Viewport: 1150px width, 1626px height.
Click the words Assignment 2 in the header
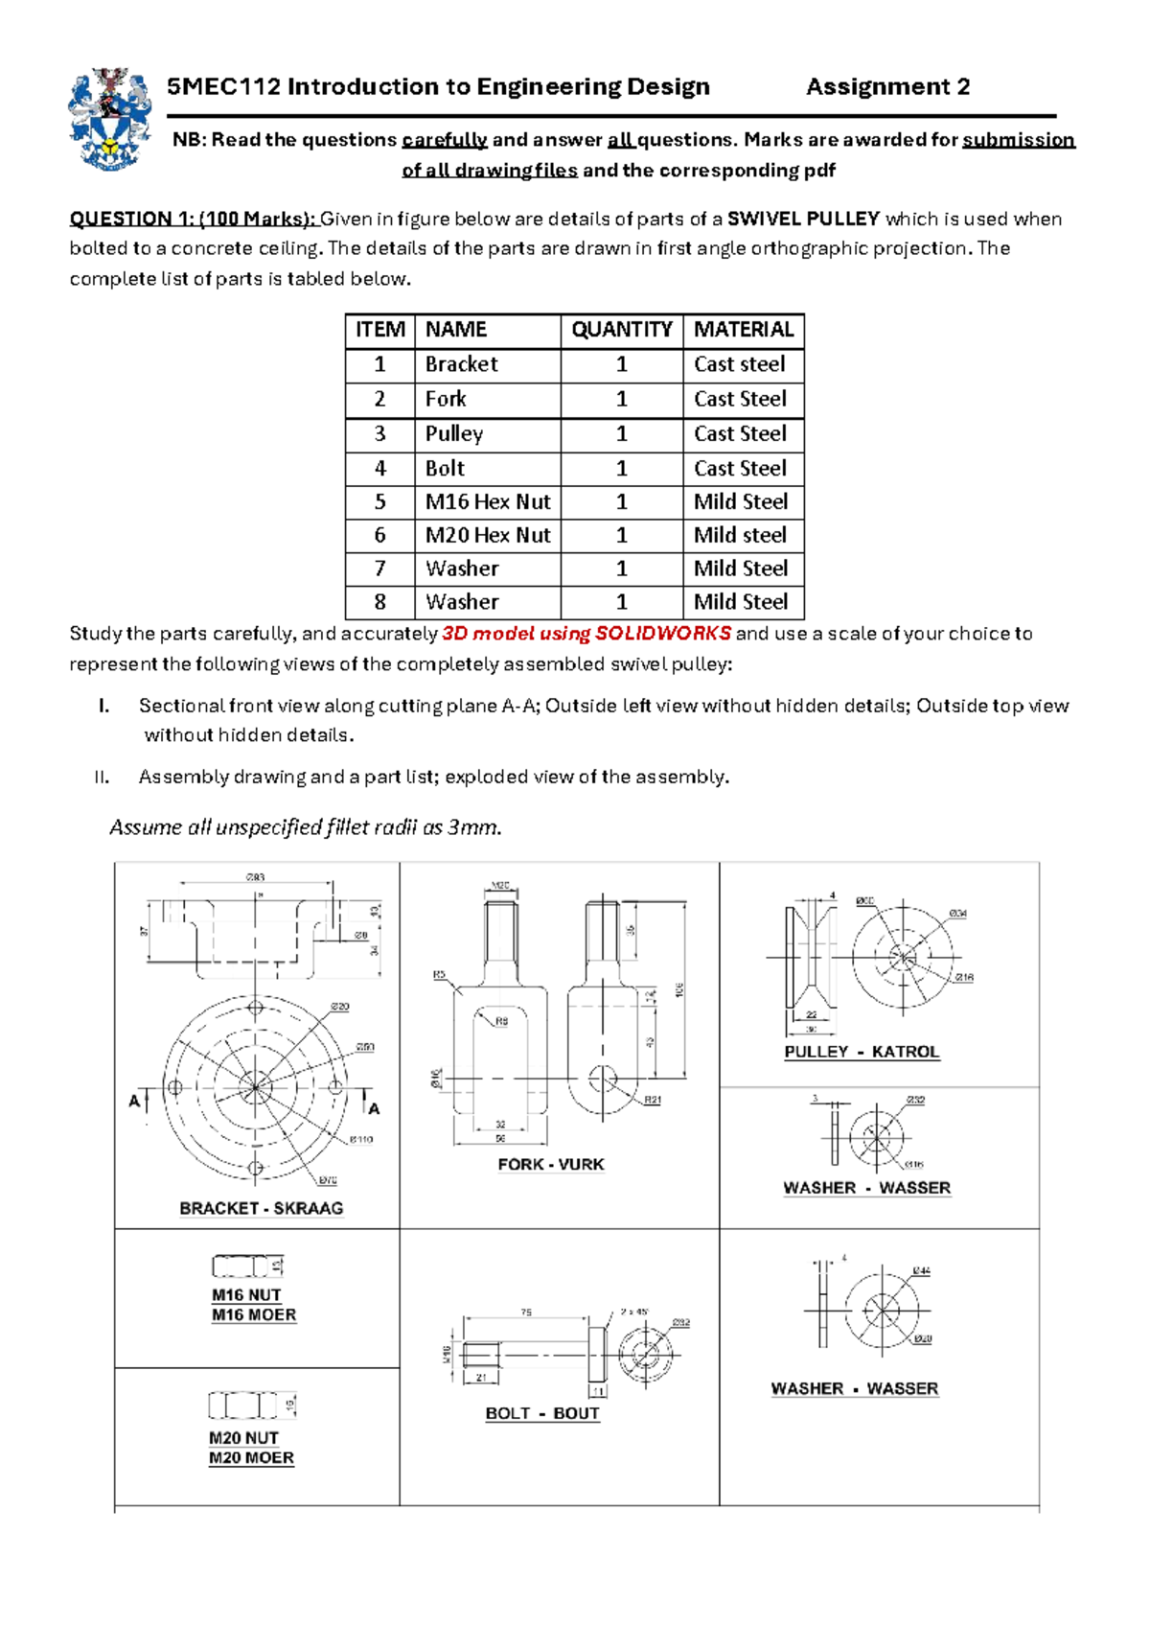[887, 87]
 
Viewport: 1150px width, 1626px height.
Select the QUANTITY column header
[621, 330]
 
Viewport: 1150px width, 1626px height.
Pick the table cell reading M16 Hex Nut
[487, 501]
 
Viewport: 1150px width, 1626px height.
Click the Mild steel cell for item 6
[740, 535]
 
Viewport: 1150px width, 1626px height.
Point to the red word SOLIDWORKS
[663, 634]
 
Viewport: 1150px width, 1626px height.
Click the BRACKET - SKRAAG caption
[261, 1208]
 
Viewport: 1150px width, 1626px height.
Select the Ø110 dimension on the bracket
[360, 1139]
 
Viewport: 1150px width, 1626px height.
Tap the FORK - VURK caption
[551, 1164]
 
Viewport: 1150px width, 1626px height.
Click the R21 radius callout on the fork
[652, 1100]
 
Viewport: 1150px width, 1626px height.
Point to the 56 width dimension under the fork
[500, 1138]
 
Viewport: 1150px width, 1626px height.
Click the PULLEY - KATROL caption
[862, 1052]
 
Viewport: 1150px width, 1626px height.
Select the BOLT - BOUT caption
[542, 1413]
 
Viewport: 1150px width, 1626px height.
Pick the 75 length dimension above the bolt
[525, 1312]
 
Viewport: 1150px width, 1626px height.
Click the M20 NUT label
[243, 1438]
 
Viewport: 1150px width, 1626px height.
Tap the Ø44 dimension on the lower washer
[921, 1270]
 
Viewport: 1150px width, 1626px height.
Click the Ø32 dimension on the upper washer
[915, 1100]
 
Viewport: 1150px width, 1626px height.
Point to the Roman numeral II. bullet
[103, 778]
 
